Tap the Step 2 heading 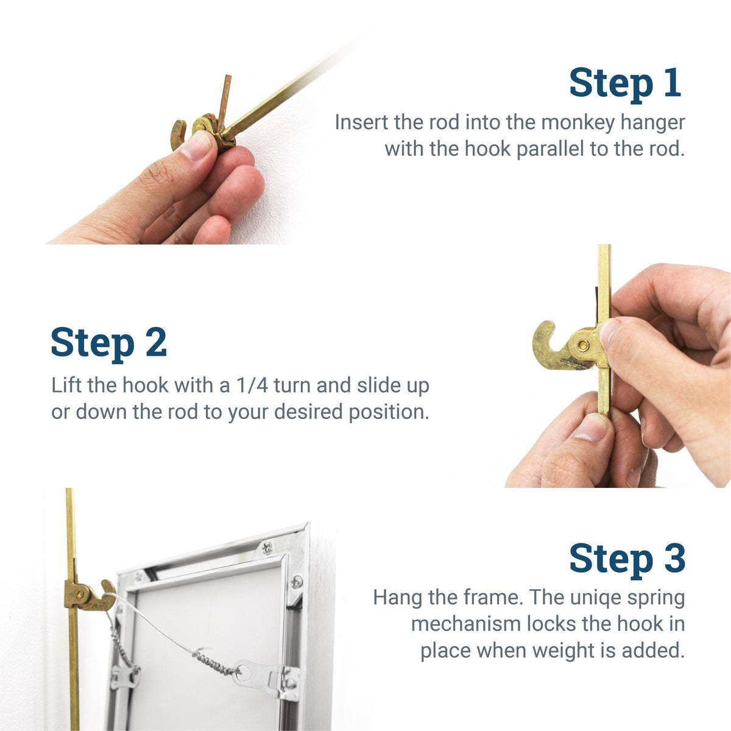click(108, 342)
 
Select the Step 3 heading click(627, 558)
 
